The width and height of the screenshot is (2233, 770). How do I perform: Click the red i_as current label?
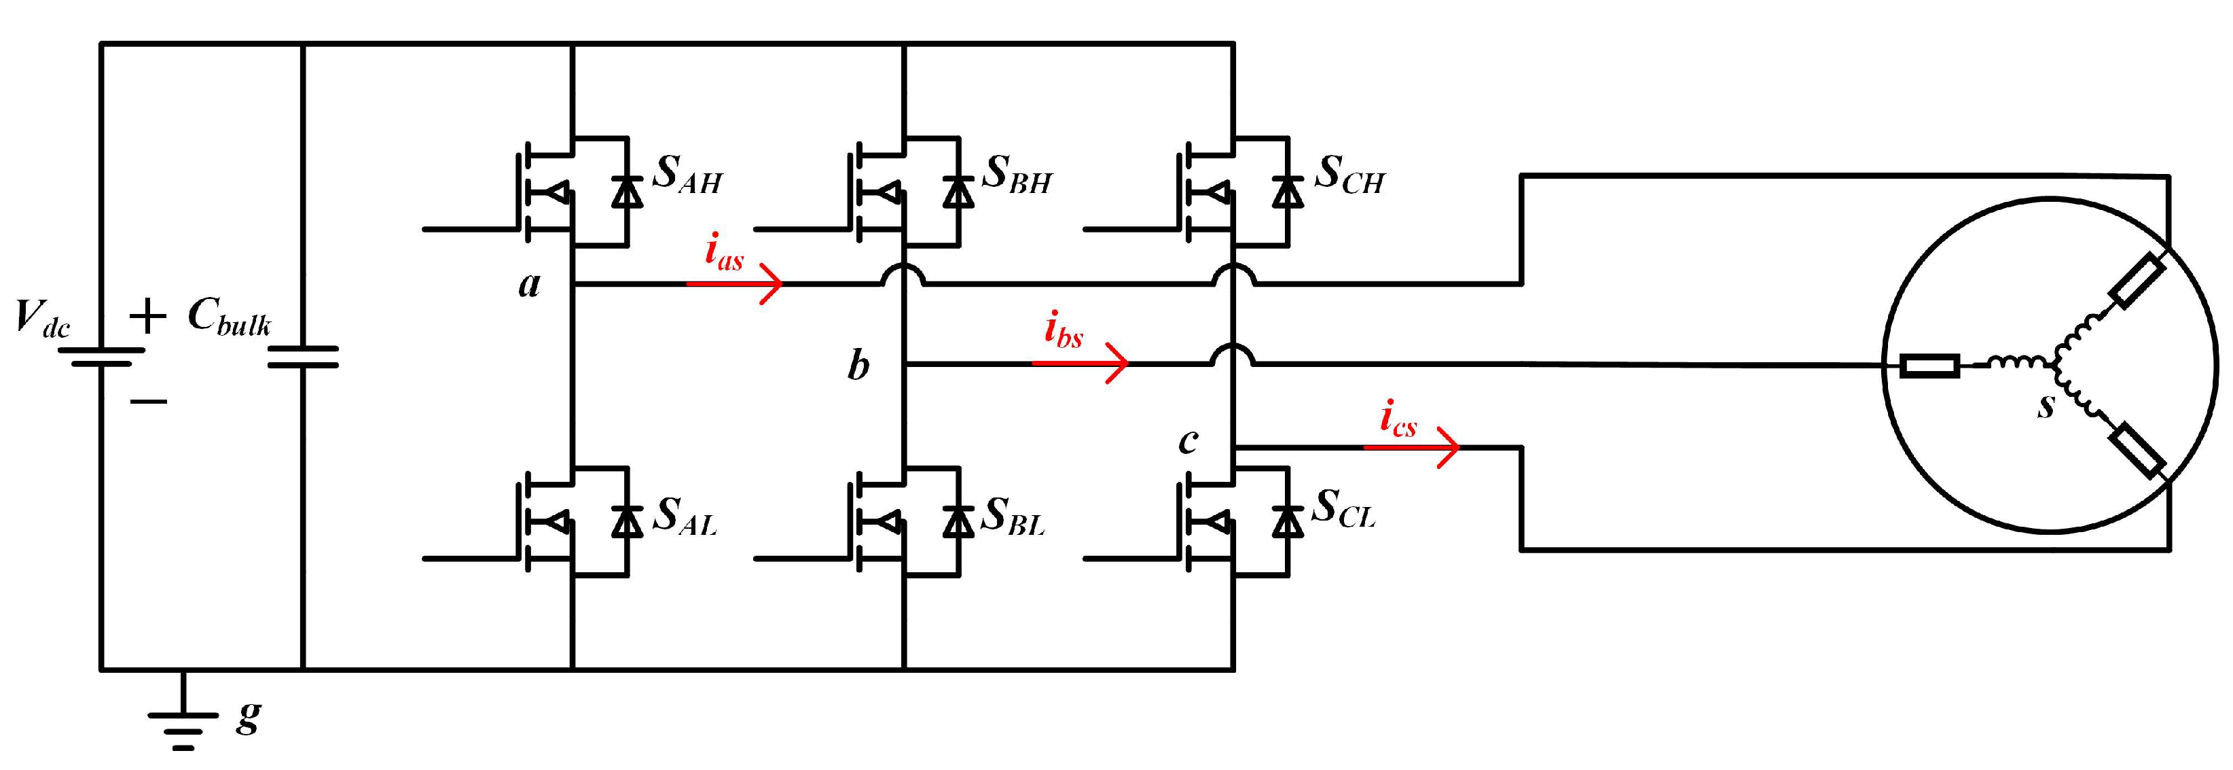point(724,254)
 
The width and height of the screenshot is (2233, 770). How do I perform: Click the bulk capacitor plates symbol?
point(302,356)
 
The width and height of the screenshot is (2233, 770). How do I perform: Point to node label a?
point(529,284)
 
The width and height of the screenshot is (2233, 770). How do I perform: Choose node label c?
point(1188,441)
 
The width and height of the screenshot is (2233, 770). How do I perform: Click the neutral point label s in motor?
point(2046,406)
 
